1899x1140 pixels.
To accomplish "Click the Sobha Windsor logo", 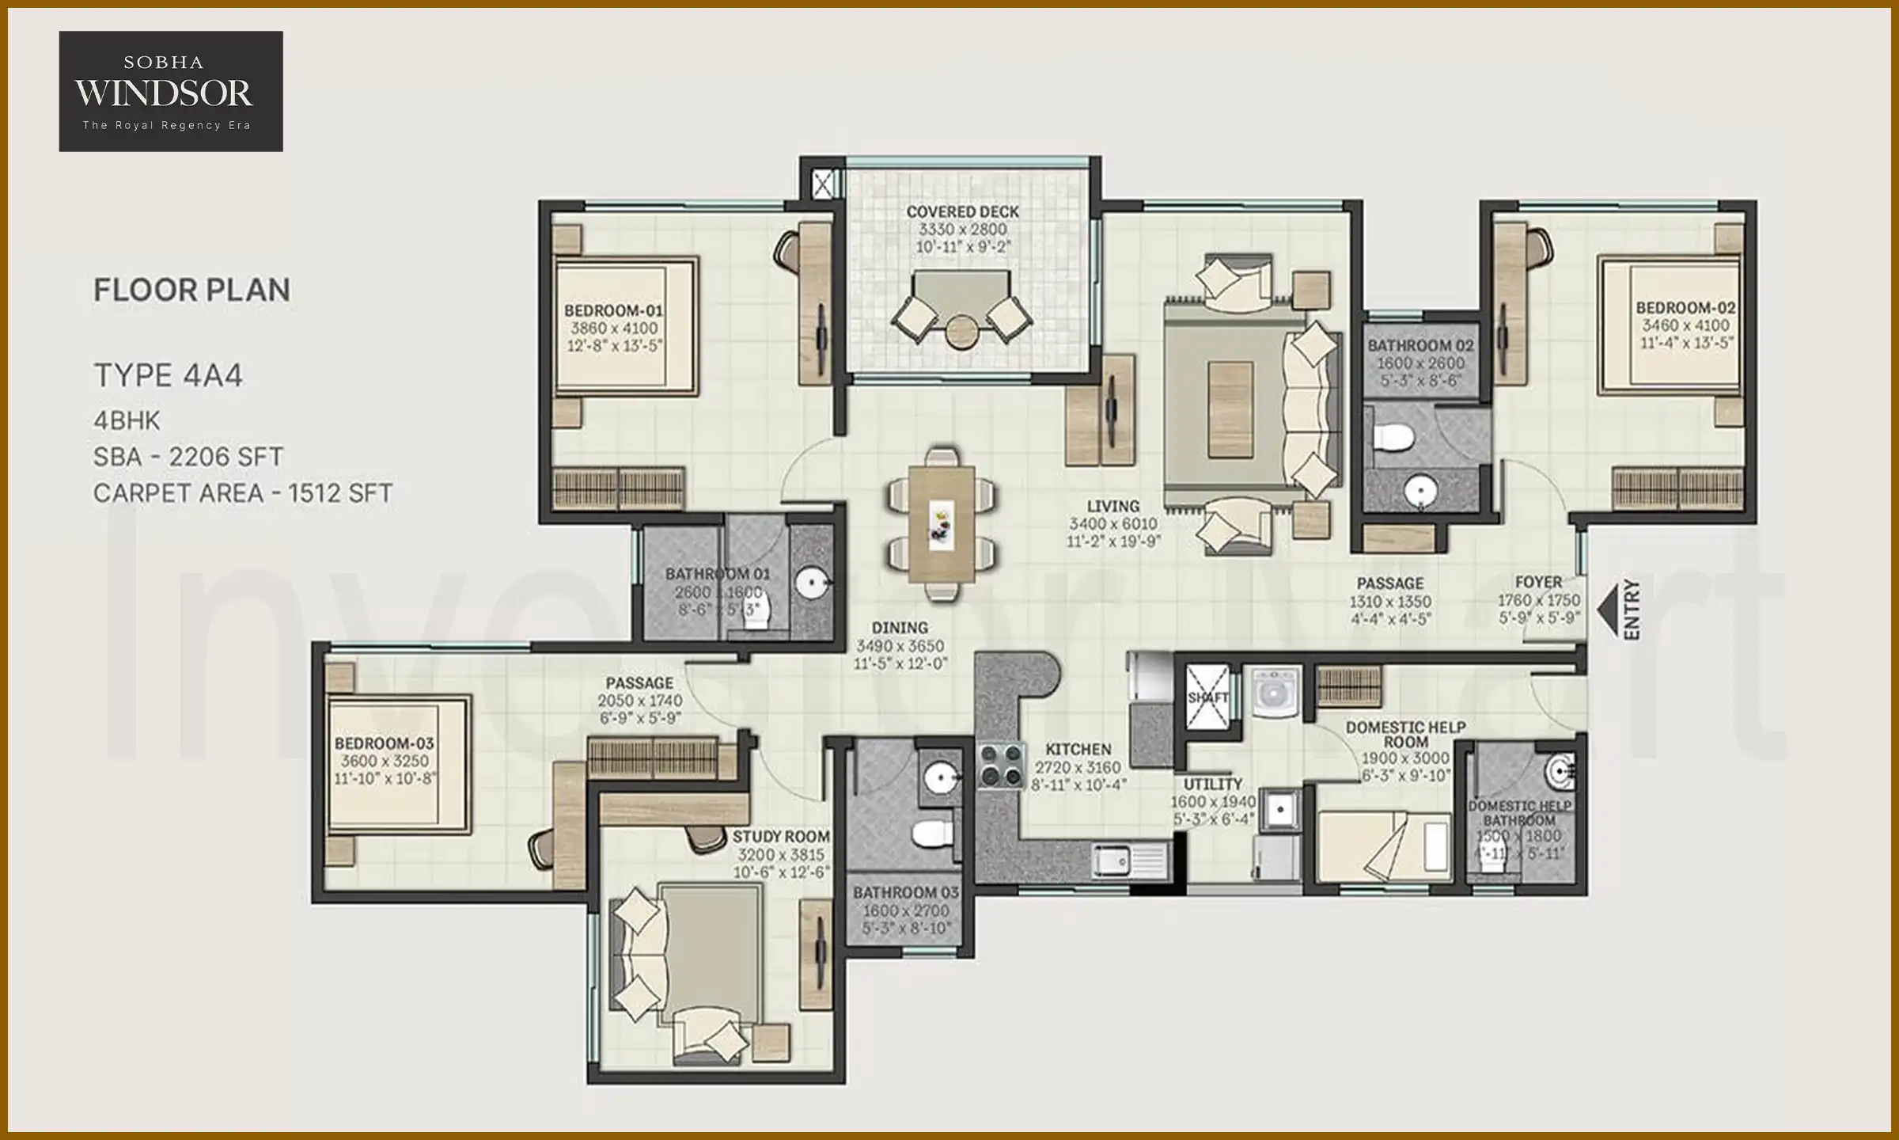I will (x=170, y=91).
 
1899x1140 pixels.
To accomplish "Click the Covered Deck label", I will (x=962, y=212).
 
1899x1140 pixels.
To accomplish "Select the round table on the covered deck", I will (x=962, y=332).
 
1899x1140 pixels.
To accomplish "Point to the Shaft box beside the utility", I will (x=1207, y=697).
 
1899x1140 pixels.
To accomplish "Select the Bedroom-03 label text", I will (x=384, y=743).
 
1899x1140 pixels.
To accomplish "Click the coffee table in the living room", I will (x=1230, y=409).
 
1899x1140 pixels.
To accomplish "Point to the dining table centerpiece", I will (x=941, y=525).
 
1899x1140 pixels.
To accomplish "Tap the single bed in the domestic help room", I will (x=1383, y=845).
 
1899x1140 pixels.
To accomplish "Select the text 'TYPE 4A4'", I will (x=168, y=375).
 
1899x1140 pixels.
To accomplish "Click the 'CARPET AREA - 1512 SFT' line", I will (x=242, y=493).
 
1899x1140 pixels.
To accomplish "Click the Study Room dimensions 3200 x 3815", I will (x=780, y=854).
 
